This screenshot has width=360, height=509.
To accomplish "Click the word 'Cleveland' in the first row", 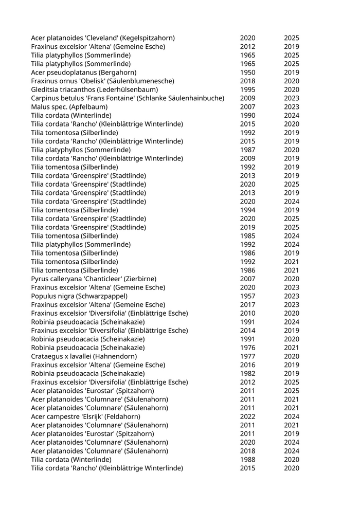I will point(98,38).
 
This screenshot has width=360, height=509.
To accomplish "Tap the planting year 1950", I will point(247,72).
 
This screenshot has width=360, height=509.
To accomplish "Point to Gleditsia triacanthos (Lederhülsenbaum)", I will point(87,89).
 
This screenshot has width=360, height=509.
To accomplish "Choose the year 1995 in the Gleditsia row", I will point(247,89).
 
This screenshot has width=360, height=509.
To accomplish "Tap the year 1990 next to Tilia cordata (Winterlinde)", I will point(247,116).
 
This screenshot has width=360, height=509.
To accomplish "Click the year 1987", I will point(247,150).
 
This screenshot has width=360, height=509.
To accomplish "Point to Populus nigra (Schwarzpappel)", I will point(79,296).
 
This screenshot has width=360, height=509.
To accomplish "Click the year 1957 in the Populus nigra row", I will point(247,296).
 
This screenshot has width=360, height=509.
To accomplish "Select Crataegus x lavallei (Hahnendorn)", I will point(80,356).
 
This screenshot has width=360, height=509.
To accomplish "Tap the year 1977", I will point(247,356).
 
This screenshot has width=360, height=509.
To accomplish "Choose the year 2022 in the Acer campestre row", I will point(247,416).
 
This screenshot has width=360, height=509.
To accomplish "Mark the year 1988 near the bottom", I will point(247,459).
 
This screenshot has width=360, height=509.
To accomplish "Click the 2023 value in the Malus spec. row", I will point(292,107).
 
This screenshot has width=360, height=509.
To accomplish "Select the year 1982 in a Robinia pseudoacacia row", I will point(247,373).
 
